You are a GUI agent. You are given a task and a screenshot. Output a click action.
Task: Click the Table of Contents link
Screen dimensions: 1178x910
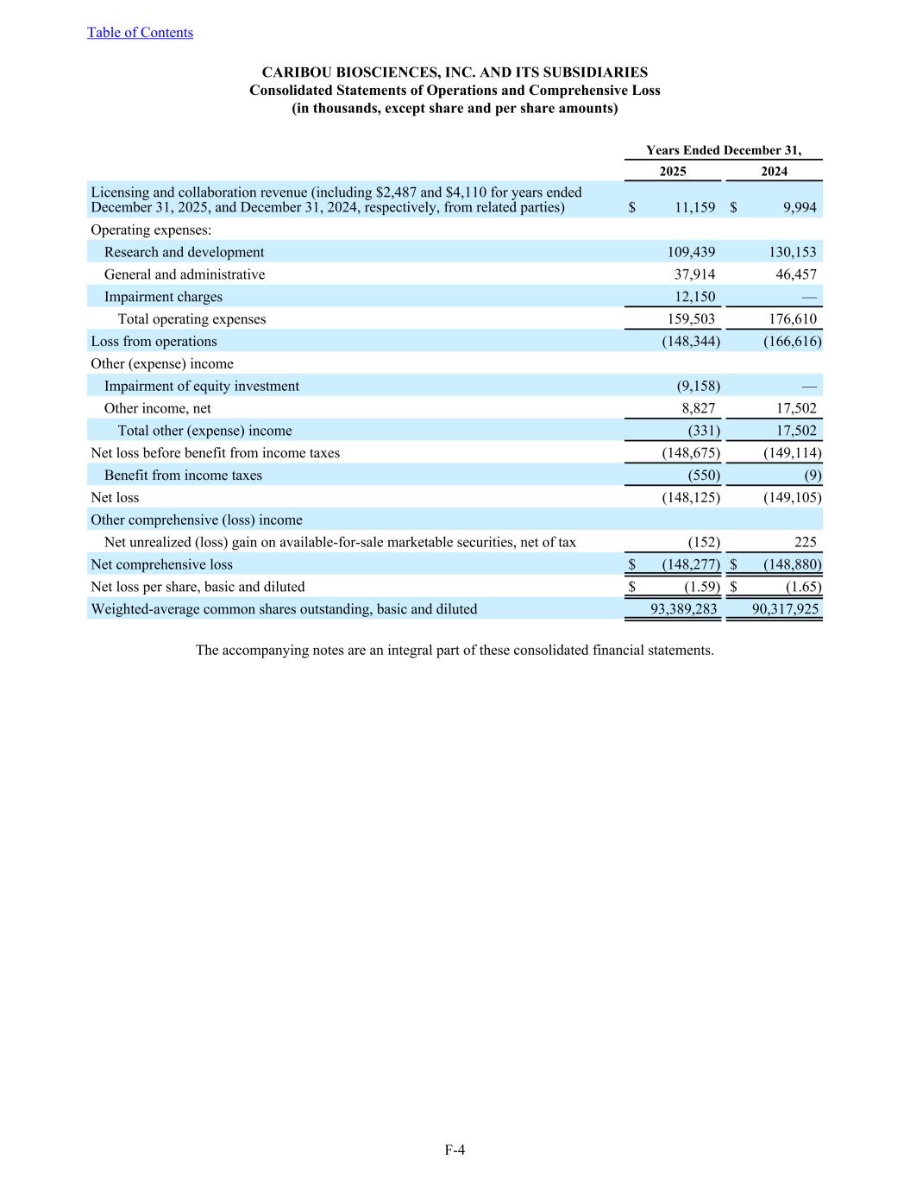(140, 33)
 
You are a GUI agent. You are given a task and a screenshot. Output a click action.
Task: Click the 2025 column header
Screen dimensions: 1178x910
(673, 172)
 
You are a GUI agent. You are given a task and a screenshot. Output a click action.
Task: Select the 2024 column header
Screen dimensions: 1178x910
(774, 172)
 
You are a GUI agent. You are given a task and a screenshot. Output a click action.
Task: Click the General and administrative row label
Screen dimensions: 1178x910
(185, 274)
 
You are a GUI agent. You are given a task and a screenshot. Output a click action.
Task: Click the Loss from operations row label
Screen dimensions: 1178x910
(154, 342)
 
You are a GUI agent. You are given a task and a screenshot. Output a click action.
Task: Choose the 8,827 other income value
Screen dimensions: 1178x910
(698, 409)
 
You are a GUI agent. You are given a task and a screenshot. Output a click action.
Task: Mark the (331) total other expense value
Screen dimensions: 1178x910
(704, 431)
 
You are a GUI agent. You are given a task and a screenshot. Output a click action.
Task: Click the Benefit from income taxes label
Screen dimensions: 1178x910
(183, 476)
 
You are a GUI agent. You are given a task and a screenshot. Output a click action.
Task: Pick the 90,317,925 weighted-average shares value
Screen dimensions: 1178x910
(785, 609)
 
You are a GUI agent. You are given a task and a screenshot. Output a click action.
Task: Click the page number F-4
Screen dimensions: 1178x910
(455, 1150)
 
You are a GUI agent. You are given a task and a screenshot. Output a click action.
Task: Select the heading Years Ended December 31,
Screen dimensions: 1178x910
(723, 150)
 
